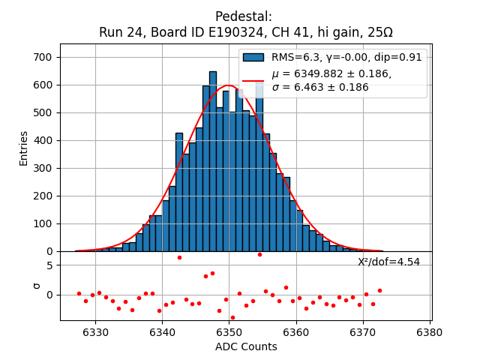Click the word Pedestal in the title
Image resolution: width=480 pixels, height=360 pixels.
(x=244, y=16)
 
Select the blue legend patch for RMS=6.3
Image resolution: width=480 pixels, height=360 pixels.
(x=253, y=58)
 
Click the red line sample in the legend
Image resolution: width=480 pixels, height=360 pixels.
(x=253, y=80)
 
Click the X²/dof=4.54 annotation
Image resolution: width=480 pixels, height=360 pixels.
(x=388, y=262)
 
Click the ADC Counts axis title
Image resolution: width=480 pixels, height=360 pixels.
(x=246, y=346)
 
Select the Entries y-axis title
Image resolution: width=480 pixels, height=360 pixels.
(x=24, y=148)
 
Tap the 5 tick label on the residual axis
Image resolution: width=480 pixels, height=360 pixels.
(x=49, y=265)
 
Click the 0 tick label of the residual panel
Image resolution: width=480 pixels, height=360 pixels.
(x=49, y=294)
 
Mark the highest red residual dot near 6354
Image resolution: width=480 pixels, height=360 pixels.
(x=259, y=254)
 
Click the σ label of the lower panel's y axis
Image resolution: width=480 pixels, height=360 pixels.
(x=35, y=286)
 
